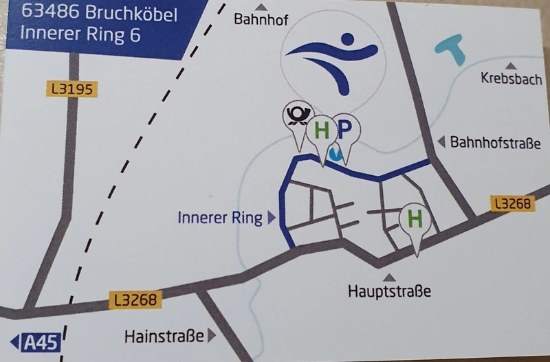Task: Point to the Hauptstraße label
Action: [390, 291]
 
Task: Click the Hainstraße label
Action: [164, 337]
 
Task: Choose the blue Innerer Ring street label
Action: [220, 218]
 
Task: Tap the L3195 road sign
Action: [71, 89]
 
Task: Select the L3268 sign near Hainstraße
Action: [135, 300]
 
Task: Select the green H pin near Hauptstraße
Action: [415, 220]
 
